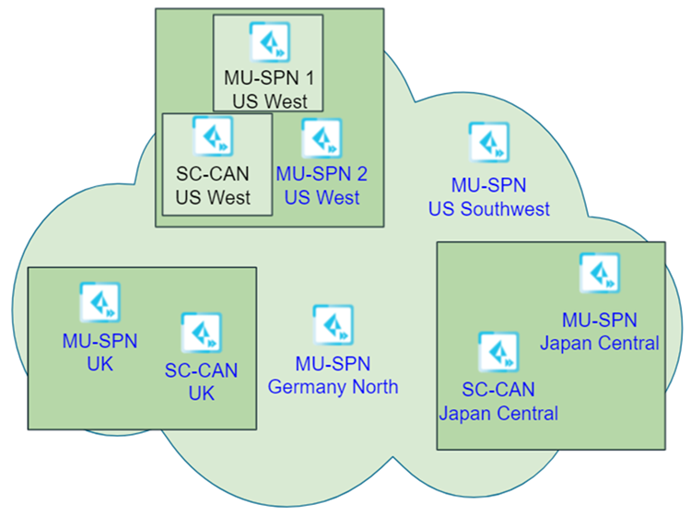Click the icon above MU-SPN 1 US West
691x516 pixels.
268,41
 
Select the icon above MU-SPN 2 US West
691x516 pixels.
322,138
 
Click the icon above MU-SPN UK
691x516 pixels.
100,302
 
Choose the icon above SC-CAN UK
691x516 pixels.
201,333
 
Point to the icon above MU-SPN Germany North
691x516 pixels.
333,324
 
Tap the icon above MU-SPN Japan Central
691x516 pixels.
599,273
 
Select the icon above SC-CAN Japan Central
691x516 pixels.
498,352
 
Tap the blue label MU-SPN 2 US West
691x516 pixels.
322,183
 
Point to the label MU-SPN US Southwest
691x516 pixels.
488,197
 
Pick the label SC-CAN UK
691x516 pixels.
201,381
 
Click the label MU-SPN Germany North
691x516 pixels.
333,374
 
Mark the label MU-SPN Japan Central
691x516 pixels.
599,332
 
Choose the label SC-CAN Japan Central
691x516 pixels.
498,402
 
